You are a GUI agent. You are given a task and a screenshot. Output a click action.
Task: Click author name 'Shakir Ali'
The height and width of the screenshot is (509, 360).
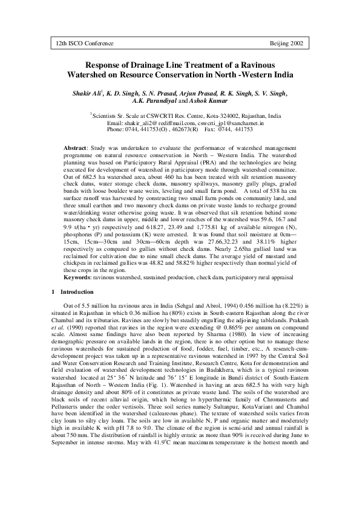click(x=88, y=92)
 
